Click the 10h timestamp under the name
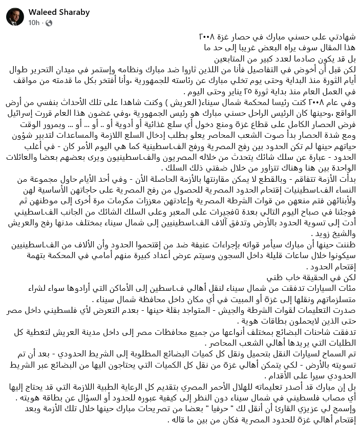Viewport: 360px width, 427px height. pyautogui.click(x=34, y=23)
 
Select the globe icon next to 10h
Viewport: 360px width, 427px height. pyautogui.click(x=49, y=23)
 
